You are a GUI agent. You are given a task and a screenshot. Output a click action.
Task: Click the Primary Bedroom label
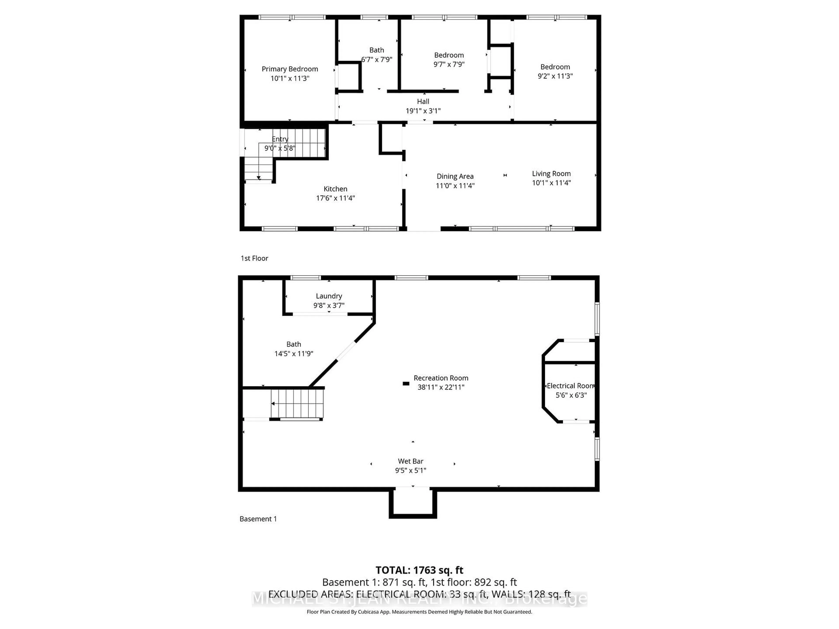click(x=290, y=69)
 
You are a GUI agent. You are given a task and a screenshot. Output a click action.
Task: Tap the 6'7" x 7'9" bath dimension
click(x=377, y=60)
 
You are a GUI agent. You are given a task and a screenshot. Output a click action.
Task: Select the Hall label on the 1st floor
click(x=423, y=102)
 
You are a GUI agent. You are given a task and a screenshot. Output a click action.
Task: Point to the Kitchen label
click(x=335, y=189)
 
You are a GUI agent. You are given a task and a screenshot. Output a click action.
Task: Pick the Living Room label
click(x=551, y=174)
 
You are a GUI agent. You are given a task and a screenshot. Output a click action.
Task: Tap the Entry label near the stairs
click(x=280, y=139)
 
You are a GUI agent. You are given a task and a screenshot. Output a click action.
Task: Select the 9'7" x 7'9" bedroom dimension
click(x=449, y=64)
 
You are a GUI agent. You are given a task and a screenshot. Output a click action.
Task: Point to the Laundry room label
click(x=329, y=296)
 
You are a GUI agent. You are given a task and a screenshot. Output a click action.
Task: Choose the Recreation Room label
click(x=441, y=378)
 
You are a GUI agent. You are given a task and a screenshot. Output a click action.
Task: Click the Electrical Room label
click(x=570, y=386)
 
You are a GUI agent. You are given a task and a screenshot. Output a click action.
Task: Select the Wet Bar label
click(x=410, y=461)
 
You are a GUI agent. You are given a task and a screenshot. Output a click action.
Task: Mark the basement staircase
click(x=297, y=404)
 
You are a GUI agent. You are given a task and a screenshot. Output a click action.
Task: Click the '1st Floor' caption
click(x=254, y=258)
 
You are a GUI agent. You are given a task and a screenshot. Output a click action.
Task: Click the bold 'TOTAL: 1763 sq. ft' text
click(x=419, y=570)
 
